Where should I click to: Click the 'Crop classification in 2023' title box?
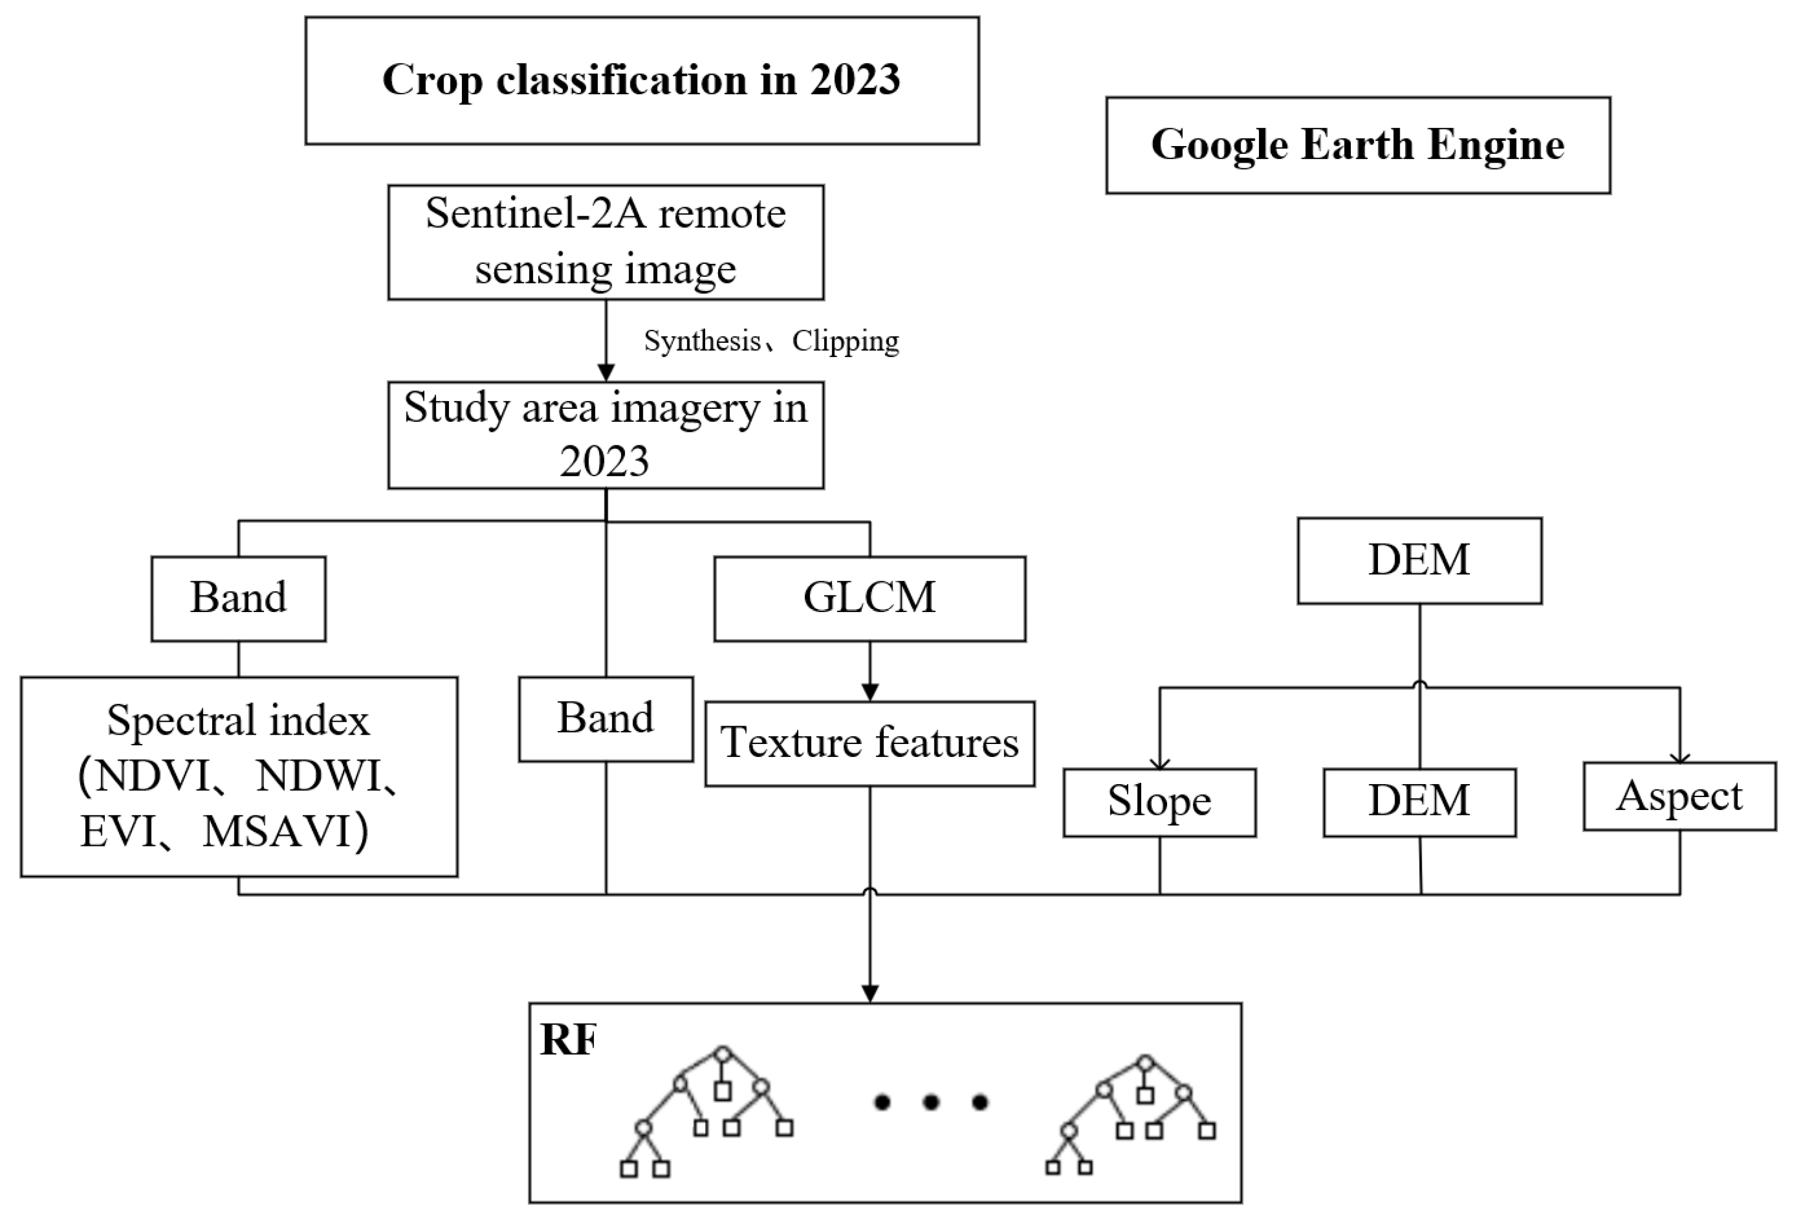click(642, 81)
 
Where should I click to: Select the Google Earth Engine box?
click(1358, 146)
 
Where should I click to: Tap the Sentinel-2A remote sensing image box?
click(605, 242)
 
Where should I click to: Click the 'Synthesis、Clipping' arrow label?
click(771, 341)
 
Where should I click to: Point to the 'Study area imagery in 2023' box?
click(605, 435)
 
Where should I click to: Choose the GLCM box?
click(870, 598)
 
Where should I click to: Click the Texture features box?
click(870, 743)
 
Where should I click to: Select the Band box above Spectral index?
click(238, 598)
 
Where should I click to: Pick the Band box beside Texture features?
click(605, 719)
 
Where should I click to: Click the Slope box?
click(1159, 802)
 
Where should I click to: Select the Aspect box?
click(1679, 797)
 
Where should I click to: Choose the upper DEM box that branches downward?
click(1419, 560)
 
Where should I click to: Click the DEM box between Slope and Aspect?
click(1419, 802)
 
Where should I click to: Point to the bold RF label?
click(568, 1040)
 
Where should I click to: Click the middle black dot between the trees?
click(931, 1102)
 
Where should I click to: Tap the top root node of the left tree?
click(723, 1054)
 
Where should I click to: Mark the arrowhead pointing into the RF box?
click(870, 993)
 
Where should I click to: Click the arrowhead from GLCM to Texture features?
click(870, 692)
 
